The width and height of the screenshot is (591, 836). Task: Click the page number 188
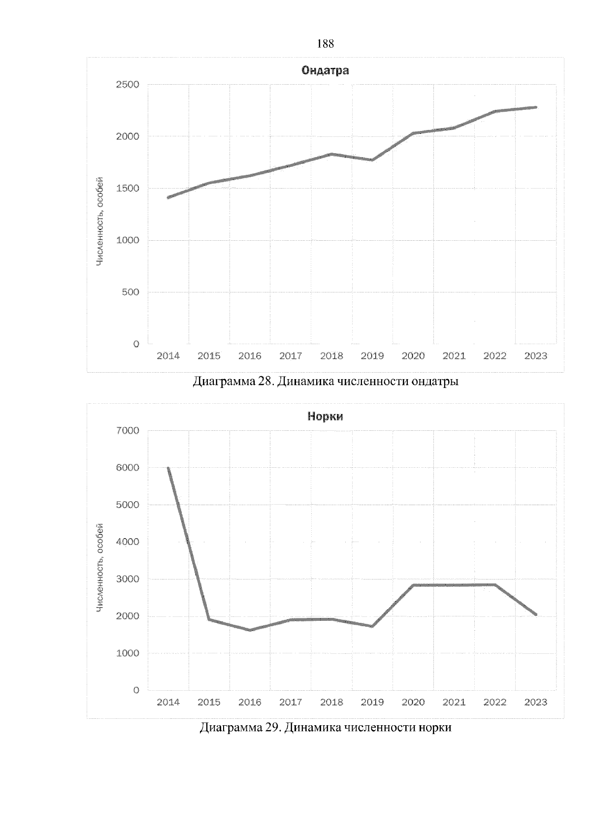coord(325,44)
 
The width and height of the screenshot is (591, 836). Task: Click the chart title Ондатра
coord(325,70)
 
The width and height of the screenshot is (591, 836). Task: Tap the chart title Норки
coord(325,417)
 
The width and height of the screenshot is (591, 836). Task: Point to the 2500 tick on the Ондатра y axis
coord(128,85)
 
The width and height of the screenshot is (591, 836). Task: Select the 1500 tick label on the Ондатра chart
coord(128,189)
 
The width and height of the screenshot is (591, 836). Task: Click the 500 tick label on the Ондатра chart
coord(131,292)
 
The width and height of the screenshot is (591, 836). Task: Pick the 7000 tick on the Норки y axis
coord(128,431)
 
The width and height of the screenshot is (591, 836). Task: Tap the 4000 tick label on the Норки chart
coord(128,542)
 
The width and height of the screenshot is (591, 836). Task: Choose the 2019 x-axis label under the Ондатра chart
coord(372,356)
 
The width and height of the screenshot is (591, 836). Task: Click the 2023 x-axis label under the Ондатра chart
coord(536,356)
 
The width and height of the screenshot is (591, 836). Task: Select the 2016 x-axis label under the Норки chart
coord(250,703)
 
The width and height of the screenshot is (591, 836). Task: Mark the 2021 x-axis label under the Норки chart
coord(454,703)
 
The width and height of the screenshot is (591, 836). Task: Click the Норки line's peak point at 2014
coord(168,468)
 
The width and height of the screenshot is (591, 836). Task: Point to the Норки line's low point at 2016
coord(250,630)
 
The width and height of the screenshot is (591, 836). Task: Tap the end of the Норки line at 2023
coord(535,614)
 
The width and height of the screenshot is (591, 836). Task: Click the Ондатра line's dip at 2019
coord(372,160)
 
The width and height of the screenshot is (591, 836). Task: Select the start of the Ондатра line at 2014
coord(168,197)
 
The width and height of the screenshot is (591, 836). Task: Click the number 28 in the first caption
coord(264,382)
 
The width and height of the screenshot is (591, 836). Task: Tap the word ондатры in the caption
coord(434,382)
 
